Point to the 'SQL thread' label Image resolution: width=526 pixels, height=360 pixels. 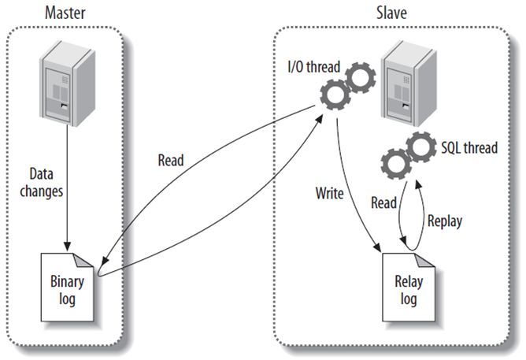[469, 147]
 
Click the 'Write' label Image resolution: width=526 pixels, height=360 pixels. [328, 192]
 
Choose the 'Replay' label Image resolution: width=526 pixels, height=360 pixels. [445, 221]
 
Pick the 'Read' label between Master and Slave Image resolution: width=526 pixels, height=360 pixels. [169, 161]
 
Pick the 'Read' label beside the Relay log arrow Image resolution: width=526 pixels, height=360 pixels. [384, 202]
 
